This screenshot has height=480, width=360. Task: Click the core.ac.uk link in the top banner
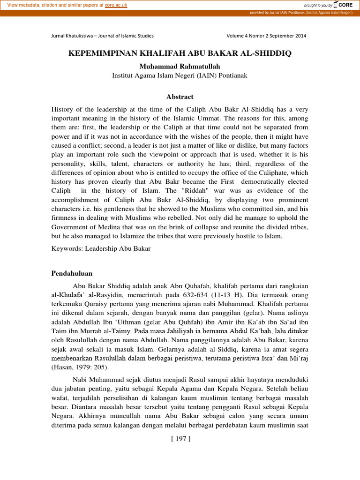(x=116, y=5)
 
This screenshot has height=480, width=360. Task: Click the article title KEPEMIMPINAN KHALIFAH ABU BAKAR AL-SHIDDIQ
(x=180, y=53)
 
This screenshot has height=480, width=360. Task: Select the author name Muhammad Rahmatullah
(x=180, y=67)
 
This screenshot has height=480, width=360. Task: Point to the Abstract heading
(x=180, y=97)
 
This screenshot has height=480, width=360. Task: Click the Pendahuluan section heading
(x=72, y=273)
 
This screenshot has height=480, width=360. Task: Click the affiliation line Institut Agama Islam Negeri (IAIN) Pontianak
(x=180, y=75)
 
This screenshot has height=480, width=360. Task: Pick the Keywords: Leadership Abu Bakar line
(x=101, y=248)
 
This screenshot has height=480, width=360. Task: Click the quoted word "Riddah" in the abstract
(x=185, y=191)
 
